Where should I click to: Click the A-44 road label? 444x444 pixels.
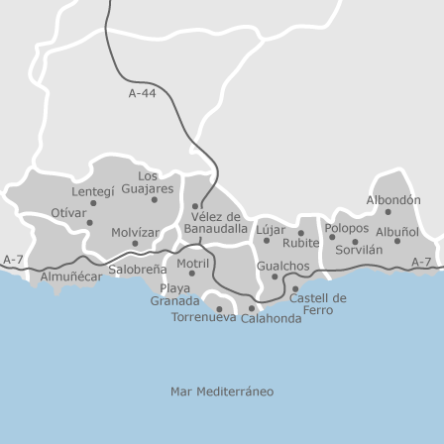pos(143,94)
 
